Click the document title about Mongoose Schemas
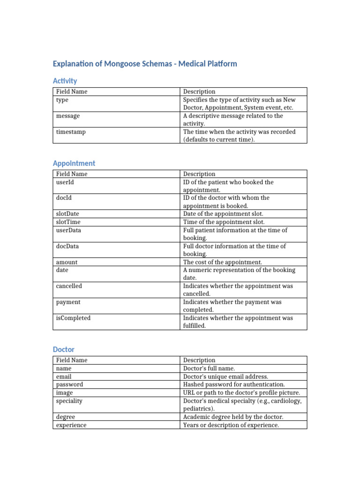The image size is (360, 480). click(145, 64)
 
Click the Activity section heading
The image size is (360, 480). click(65, 81)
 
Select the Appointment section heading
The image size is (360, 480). click(74, 163)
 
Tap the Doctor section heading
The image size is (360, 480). click(63, 350)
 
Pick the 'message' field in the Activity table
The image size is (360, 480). click(68, 116)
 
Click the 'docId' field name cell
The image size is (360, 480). click(64, 198)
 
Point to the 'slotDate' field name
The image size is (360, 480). click(67, 214)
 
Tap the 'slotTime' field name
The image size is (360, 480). click(68, 222)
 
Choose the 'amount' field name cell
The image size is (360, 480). click(67, 262)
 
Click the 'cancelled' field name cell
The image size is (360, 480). click(69, 286)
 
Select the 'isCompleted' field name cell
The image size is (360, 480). click(73, 318)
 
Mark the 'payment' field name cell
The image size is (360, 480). click(68, 302)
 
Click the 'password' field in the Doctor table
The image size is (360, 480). click(69, 384)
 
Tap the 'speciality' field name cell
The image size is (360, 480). click(69, 401)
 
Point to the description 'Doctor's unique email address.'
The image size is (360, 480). click(225, 376)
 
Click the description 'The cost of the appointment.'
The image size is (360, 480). click(223, 262)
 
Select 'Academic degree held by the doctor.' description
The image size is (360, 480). click(233, 417)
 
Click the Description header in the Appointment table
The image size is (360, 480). click(199, 174)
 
